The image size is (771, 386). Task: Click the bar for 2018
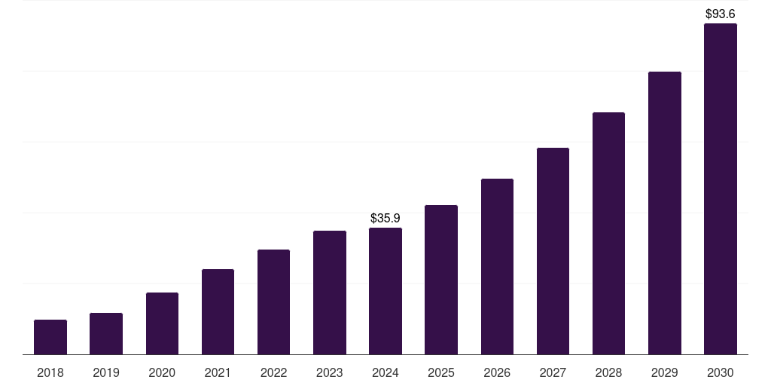pyautogui.click(x=50, y=337)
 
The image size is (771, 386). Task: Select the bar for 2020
pyautogui.click(x=162, y=323)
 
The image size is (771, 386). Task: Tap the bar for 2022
pyautogui.click(x=273, y=302)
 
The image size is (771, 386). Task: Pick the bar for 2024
pyautogui.click(x=385, y=291)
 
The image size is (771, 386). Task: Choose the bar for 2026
pyautogui.click(x=497, y=266)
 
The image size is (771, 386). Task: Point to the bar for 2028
pyautogui.click(x=608, y=233)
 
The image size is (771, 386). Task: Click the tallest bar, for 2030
pyautogui.click(x=720, y=188)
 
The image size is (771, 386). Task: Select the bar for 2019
pyautogui.click(x=106, y=333)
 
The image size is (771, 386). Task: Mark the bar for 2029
pyautogui.click(x=664, y=213)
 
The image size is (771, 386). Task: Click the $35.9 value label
pyautogui.click(x=385, y=218)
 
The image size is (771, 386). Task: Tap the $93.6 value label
pyautogui.click(x=720, y=14)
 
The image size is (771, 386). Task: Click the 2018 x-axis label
pyautogui.click(x=50, y=372)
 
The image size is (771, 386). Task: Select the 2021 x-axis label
pyautogui.click(x=218, y=372)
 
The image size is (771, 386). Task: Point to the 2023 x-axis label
pyautogui.click(x=329, y=372)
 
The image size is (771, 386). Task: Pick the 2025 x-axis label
pyautogui.click(x=441, y=372)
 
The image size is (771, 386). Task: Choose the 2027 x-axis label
pyautogui.click(x=553, y=372)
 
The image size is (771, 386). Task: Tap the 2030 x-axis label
pyautogui.click(x=720, y=372)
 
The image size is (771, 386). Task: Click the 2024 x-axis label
pyautogui.click(x=385, y=372)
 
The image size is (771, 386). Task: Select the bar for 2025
pyautogui.click(x=441, y=280)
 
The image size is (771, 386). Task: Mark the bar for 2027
pyautogui.click(x=553, y=251)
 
